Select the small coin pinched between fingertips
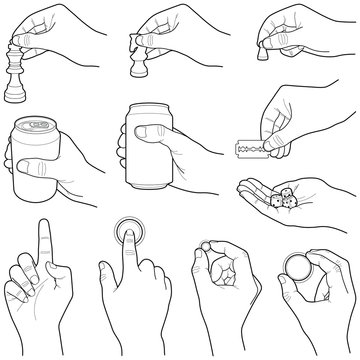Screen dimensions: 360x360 pyautogui.click(x=207, y=246)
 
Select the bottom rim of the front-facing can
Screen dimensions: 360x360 pyautogui.click(x=156, y=208)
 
